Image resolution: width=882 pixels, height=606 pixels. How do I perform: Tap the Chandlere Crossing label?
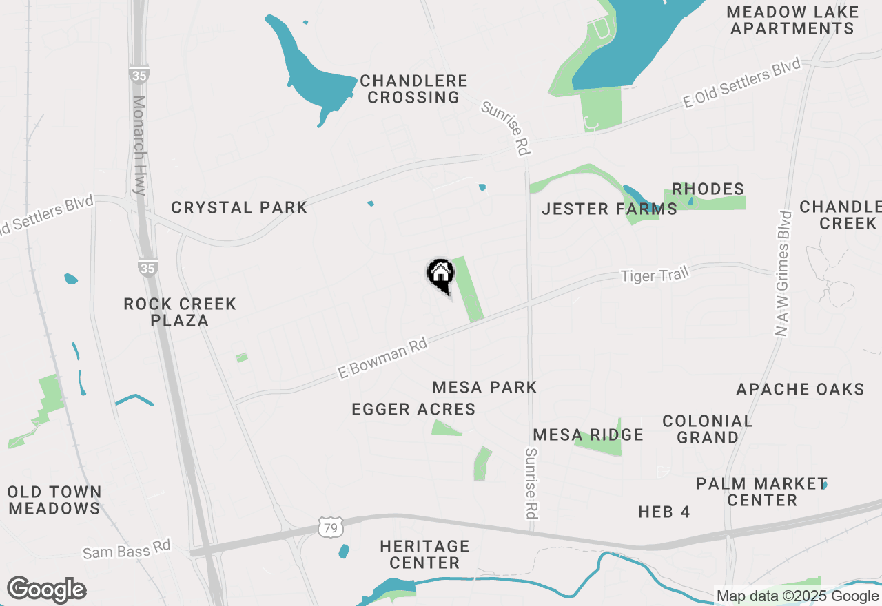pos(413,90)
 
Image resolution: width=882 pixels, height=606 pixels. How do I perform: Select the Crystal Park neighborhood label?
pos(239,207)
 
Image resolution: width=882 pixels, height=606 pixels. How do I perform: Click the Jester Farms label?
pos(609,209)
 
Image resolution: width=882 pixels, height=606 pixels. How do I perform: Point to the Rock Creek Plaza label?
pos(180,312)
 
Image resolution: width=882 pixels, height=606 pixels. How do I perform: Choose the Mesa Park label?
pos(484,387)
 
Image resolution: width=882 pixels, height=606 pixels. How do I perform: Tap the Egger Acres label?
pos(413,409)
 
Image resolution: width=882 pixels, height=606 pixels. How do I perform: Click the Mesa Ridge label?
pos(588,435)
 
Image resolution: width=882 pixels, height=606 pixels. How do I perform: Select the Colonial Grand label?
pos(708,429)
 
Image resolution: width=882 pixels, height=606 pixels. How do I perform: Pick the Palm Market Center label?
pos(761,492)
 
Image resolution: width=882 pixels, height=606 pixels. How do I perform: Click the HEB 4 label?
pos(664,512)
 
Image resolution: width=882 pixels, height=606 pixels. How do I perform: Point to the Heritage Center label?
pos(424,554)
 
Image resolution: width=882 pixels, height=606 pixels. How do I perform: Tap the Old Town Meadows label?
pos(54,500)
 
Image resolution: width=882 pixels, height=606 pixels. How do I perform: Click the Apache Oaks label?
pos(800,389)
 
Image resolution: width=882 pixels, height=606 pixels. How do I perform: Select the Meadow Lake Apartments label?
pos(792,20)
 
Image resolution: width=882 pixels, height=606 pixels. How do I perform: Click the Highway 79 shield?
pos(329,527)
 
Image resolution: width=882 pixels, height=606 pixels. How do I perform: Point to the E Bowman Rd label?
pos(383,357)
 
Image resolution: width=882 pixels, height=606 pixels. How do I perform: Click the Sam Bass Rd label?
pos(126,551)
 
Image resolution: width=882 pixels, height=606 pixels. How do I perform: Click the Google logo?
pos(46,589)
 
